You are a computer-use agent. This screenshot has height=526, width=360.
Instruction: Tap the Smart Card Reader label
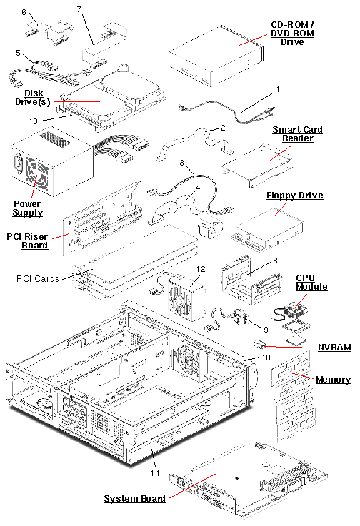coord(297,134)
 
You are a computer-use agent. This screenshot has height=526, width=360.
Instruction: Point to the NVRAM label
coord(334,347)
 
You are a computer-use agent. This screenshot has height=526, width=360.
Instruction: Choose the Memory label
coord(333,380)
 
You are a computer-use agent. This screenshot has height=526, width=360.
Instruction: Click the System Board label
coord(135,498)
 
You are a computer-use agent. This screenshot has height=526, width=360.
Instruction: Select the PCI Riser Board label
coord(28,240)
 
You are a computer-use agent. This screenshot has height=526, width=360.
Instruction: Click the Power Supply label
coord(28,208)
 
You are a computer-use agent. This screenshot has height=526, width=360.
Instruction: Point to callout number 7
coord(78,9)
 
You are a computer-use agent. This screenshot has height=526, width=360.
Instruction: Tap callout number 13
coord(33,121)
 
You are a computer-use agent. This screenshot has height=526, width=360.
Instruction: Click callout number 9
coord(266,329)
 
